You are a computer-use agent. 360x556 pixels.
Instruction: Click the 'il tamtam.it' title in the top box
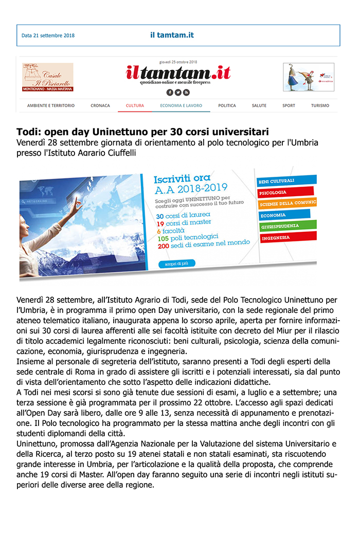(172, 35)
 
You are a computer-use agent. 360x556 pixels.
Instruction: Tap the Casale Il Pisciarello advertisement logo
(48, 77)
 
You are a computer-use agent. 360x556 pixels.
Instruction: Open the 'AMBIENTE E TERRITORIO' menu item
(51, 105)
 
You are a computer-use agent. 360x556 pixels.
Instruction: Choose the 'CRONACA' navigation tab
(100, 105)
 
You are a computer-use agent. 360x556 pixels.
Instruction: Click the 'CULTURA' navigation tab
(135, 105)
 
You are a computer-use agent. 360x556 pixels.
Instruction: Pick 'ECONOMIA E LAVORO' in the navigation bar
(181, 105)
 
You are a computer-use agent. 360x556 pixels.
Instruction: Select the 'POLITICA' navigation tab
(227, 105)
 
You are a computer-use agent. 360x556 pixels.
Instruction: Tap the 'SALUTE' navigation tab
(259, 105)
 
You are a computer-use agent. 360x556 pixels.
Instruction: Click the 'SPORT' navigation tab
(289, 105)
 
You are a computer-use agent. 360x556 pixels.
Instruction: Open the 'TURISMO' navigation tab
(320, 105)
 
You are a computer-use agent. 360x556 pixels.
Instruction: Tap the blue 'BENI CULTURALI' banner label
(278, 181)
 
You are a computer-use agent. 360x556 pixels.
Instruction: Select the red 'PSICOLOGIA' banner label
(274, 193)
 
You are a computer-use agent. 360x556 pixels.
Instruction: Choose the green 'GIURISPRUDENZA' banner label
(281, 226)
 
